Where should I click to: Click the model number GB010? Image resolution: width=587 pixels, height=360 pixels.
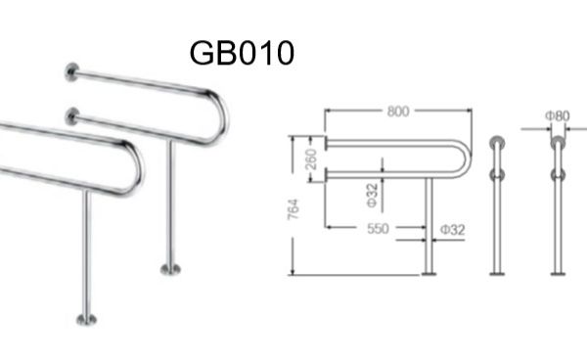pyautogui.click(x=242, y=53)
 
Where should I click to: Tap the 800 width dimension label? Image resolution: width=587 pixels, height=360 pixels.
pyautogui.click(x=398, y=112)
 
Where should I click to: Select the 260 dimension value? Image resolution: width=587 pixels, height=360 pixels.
pyautogui.click(x=311, y=159)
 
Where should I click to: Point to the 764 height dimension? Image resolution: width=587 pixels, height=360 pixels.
pyautogui.click(x=293, y=208)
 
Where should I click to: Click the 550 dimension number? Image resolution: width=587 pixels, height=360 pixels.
pyautogui.click(x=378, y=228)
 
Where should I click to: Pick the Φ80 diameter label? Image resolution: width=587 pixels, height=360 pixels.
pyautogui.click(x=558, y=116)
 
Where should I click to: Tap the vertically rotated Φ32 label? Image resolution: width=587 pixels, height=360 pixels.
pyautogui.click(x=373, y=196)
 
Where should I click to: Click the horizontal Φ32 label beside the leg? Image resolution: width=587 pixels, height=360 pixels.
pyautogui.click(x=453, y=229)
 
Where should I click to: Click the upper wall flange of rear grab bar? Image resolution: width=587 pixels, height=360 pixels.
pyautogui.click(x=71, y=71)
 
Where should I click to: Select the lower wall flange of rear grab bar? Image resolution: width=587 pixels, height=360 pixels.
pyautogui.click(x=71, y=116)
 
